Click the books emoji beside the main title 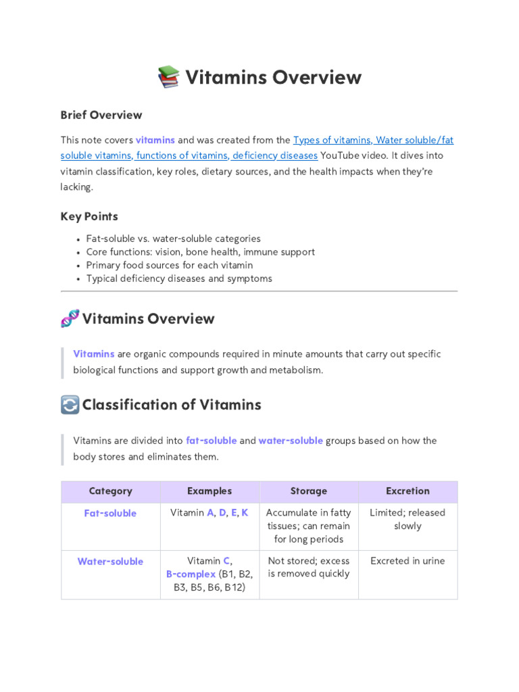(168, 77)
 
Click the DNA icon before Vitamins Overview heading (70, 318)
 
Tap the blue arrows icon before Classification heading (70, 405)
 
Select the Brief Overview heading (101, 115)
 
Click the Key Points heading (89, 216)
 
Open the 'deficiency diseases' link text (275, 155)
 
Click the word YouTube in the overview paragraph (341, 155)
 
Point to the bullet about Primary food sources (170, 265)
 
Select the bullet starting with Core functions (200, 252)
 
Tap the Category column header (110, 491)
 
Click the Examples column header (209, 491)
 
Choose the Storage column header (308, 491)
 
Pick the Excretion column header (407, 491)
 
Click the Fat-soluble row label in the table (110, 514)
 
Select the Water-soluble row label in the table (110, 562)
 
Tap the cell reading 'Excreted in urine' (407, 561)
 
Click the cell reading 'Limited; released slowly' (407, 519)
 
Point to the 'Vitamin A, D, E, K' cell (209, 513)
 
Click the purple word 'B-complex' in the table (191, 574)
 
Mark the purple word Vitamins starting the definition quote (93, 354)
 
